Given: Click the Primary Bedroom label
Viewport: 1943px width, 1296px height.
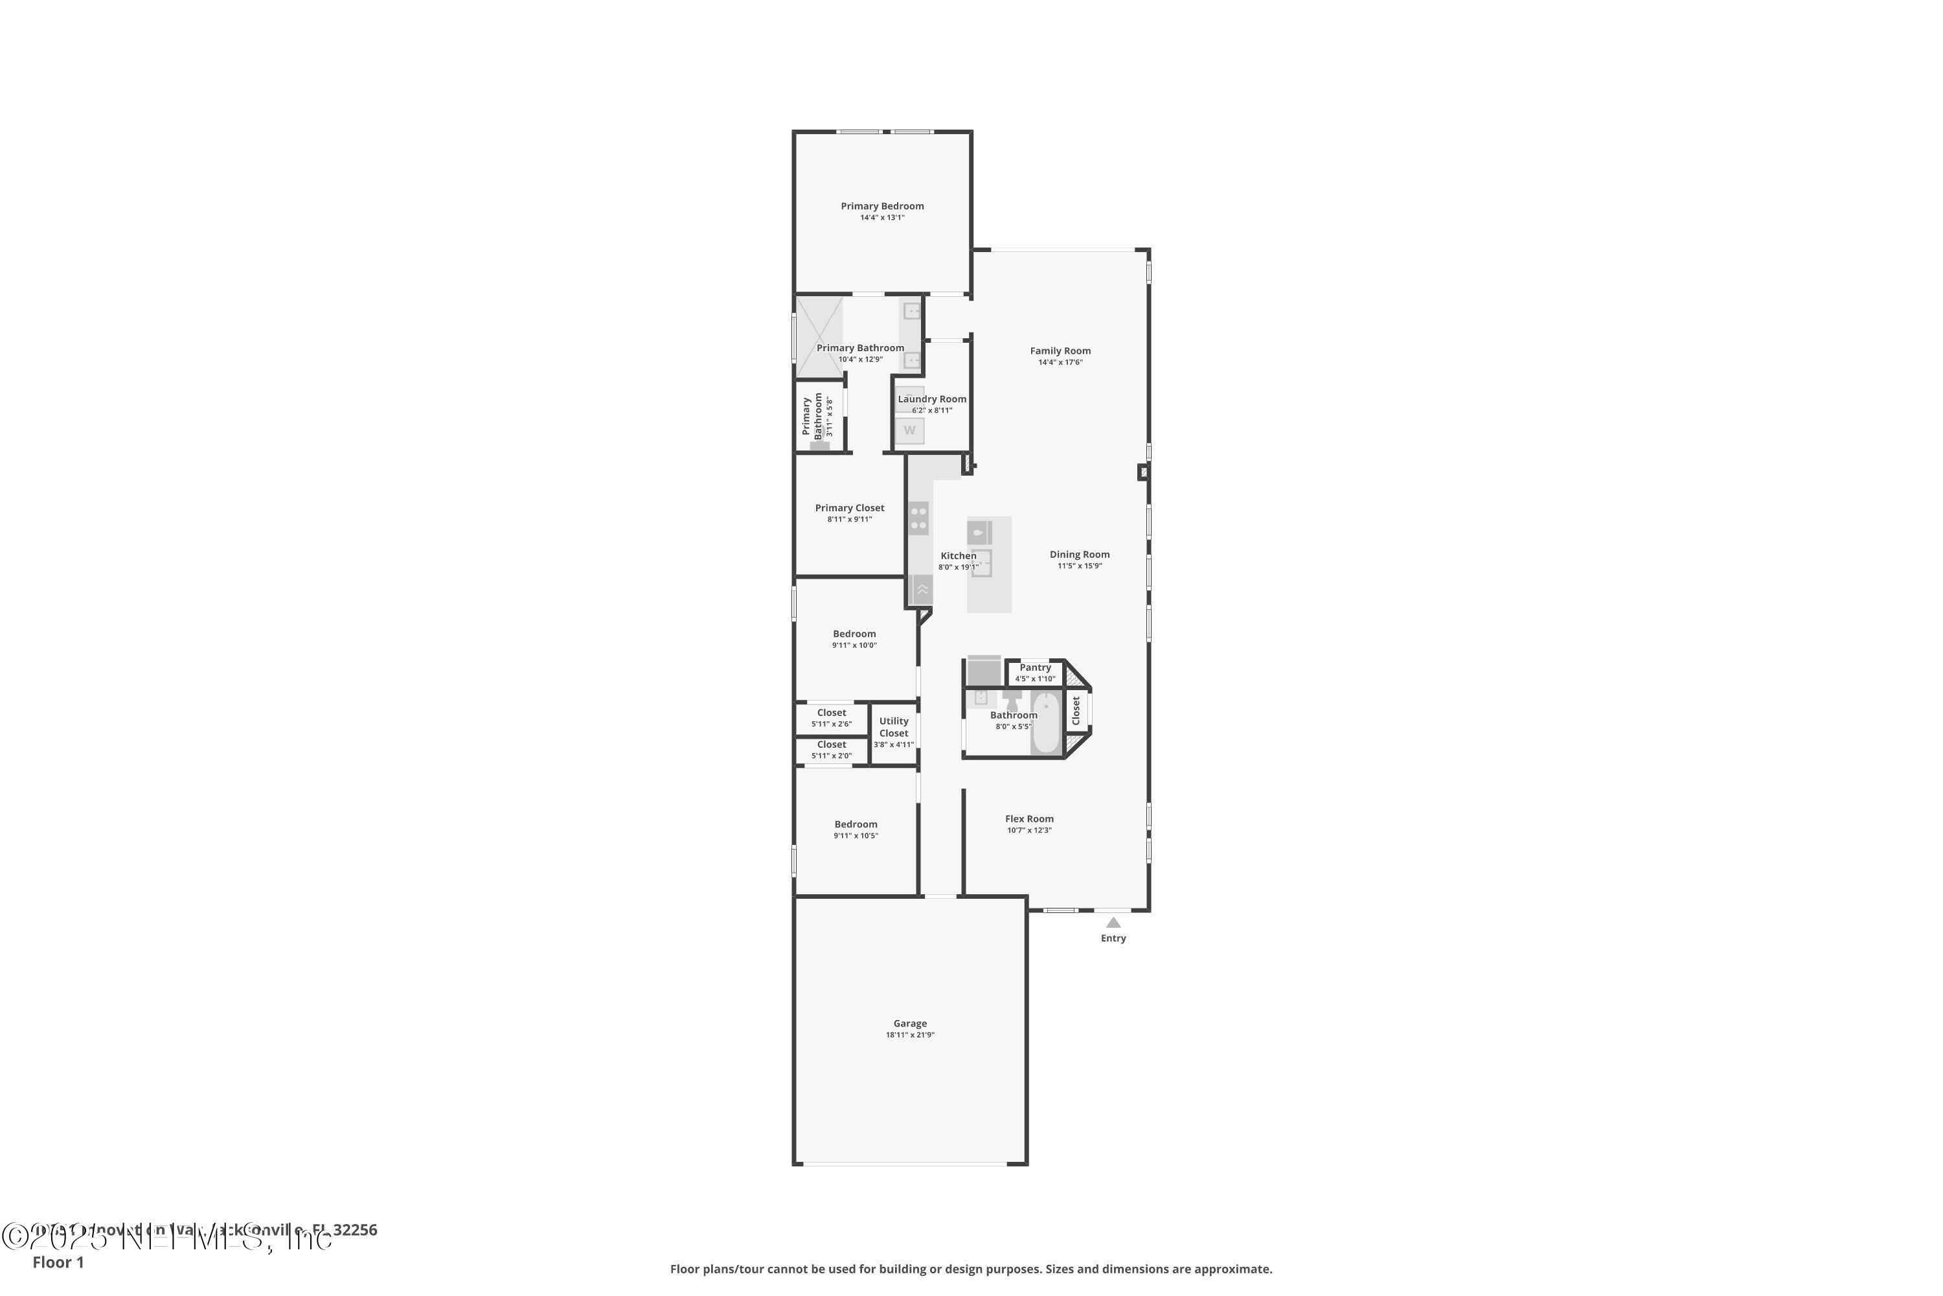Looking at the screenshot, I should tap(882, 206).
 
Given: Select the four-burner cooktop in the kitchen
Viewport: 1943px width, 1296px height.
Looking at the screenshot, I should tap(918, 518).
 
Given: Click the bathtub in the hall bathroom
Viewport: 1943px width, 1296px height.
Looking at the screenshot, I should tap(1045, 723).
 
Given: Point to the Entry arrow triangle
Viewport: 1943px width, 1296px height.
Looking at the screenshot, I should tap(1113, 922).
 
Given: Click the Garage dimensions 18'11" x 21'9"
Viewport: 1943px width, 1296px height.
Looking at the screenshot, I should tap(909, 1035).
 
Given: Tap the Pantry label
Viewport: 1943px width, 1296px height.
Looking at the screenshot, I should tap(1035, 667).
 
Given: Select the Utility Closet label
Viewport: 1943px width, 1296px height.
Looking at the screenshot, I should tap(894, 726).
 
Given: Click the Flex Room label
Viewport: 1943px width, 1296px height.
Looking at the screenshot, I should tap(1029, 818).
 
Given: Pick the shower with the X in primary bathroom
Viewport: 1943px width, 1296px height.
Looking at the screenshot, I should tap(819, 337).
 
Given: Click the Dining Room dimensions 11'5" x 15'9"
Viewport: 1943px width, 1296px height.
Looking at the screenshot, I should tap(1080, 566).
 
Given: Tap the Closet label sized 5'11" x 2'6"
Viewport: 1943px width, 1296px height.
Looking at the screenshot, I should tap(831, 712).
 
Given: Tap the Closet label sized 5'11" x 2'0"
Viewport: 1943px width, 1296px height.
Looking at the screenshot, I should tap(831, 745).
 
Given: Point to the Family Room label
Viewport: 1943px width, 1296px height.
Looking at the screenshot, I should tap(1060, 351).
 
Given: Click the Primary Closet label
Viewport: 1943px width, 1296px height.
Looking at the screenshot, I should tap(849, 507).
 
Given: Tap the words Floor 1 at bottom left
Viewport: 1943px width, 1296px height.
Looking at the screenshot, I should tap(58, 1262).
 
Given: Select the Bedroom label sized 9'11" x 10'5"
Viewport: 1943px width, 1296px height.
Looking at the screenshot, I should tap(855, 824).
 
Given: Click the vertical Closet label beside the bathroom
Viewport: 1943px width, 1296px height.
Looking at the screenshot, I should tap(1076, 711).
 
